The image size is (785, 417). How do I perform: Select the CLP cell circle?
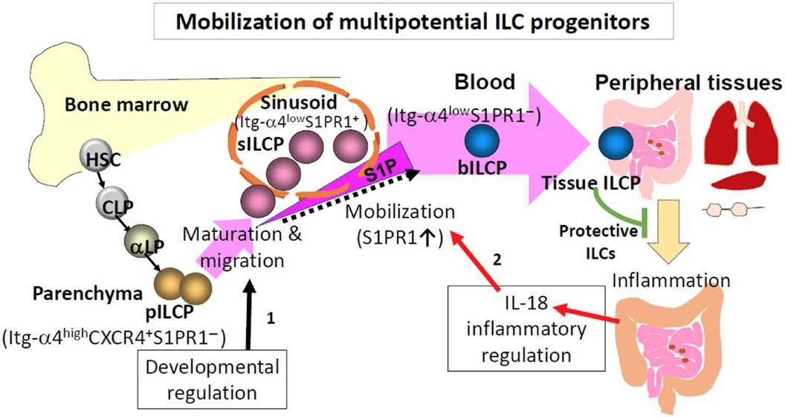pyautogui.click(x=111, y=199)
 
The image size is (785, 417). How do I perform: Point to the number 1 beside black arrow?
pyautogui.click(x=271, y=316)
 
